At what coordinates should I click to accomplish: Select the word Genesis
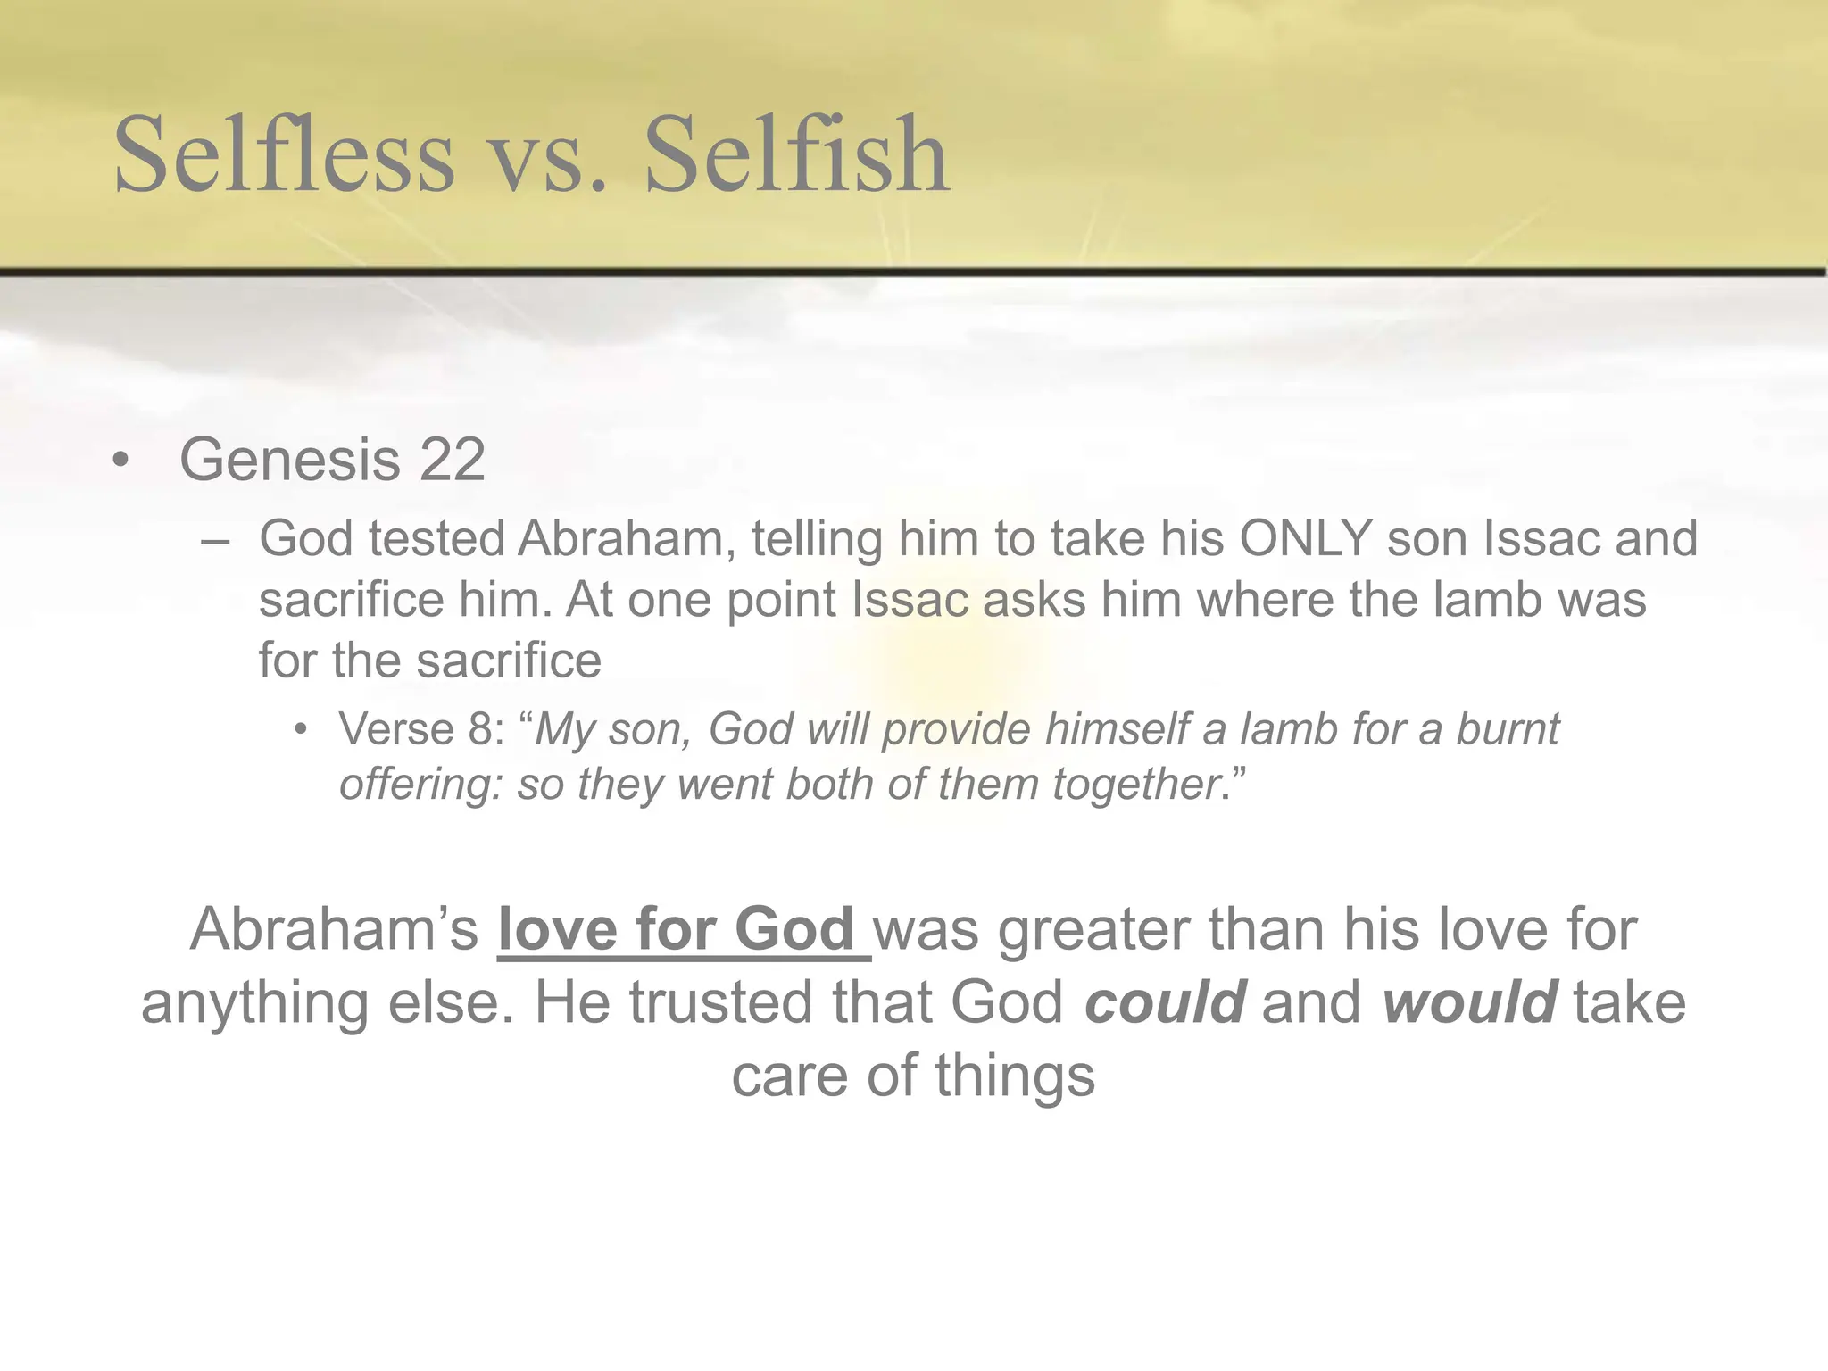tap(289, 460)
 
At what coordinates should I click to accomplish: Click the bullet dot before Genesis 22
tap(121, 461)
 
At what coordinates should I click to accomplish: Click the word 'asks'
tap(1034, 599)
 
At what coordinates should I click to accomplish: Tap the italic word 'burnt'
tap(1508, 729)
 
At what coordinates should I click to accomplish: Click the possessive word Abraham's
tap(334, 929)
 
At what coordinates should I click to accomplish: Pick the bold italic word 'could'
tap(1165, 1002)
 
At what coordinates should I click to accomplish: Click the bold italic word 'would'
tap(1470, 1002)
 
